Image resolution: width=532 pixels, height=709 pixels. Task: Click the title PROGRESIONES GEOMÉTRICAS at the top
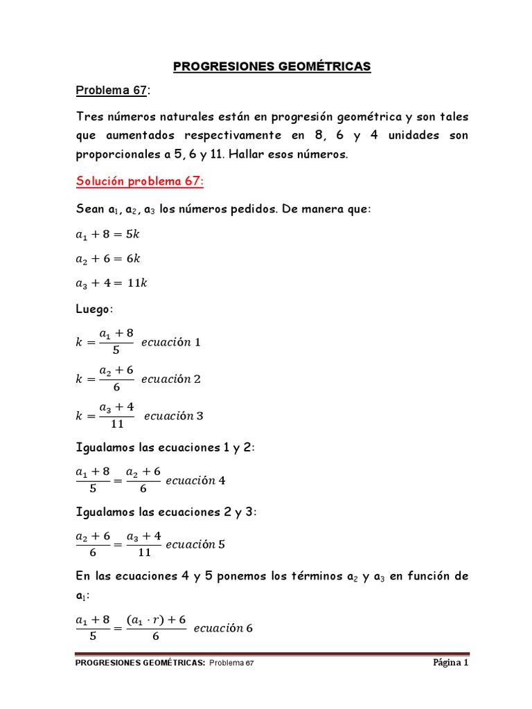272,66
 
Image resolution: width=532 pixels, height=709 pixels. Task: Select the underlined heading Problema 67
112,91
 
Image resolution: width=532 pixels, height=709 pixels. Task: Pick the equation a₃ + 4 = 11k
112,282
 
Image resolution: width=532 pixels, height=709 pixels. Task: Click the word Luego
95,309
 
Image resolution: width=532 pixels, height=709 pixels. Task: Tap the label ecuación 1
170,342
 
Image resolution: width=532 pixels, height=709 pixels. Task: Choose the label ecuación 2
170,379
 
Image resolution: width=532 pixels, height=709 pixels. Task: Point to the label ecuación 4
196,481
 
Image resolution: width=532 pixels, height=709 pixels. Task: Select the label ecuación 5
196,544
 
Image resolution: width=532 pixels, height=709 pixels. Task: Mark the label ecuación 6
223,629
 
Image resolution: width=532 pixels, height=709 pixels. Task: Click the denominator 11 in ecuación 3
117,424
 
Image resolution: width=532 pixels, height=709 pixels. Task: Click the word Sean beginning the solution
90,209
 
